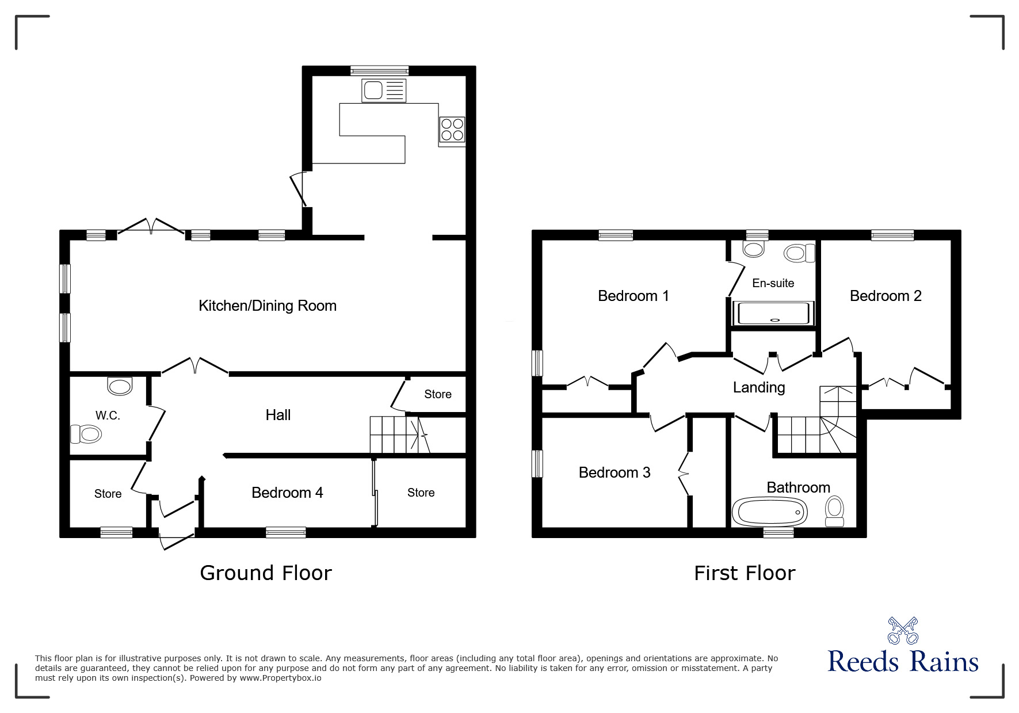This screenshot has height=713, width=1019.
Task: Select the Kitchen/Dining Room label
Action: [x=268, y=306]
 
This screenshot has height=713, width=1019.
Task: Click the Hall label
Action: [x=278, y=415]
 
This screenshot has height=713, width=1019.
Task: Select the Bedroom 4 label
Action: [x=287, y=493]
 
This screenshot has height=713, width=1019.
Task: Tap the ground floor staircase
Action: [x=397, y=435]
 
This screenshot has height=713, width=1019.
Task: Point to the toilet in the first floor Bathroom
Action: [x=834, y=511]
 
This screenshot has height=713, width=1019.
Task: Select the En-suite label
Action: [x=773, y=283]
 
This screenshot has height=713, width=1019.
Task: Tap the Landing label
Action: [x=758, y=387]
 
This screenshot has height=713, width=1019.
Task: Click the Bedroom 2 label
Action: [x=885, y=296]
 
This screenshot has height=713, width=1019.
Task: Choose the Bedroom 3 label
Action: [x=614, y=472]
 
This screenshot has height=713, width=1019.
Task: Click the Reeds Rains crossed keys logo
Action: [x=903, y=630]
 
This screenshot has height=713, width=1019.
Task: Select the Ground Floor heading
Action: [x=265, y=573]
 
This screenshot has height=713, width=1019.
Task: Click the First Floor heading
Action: [x=744, y=573]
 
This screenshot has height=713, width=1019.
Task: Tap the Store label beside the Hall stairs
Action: [x=437, y=394]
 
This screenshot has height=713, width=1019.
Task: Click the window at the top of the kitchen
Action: [x=380, y=71]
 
